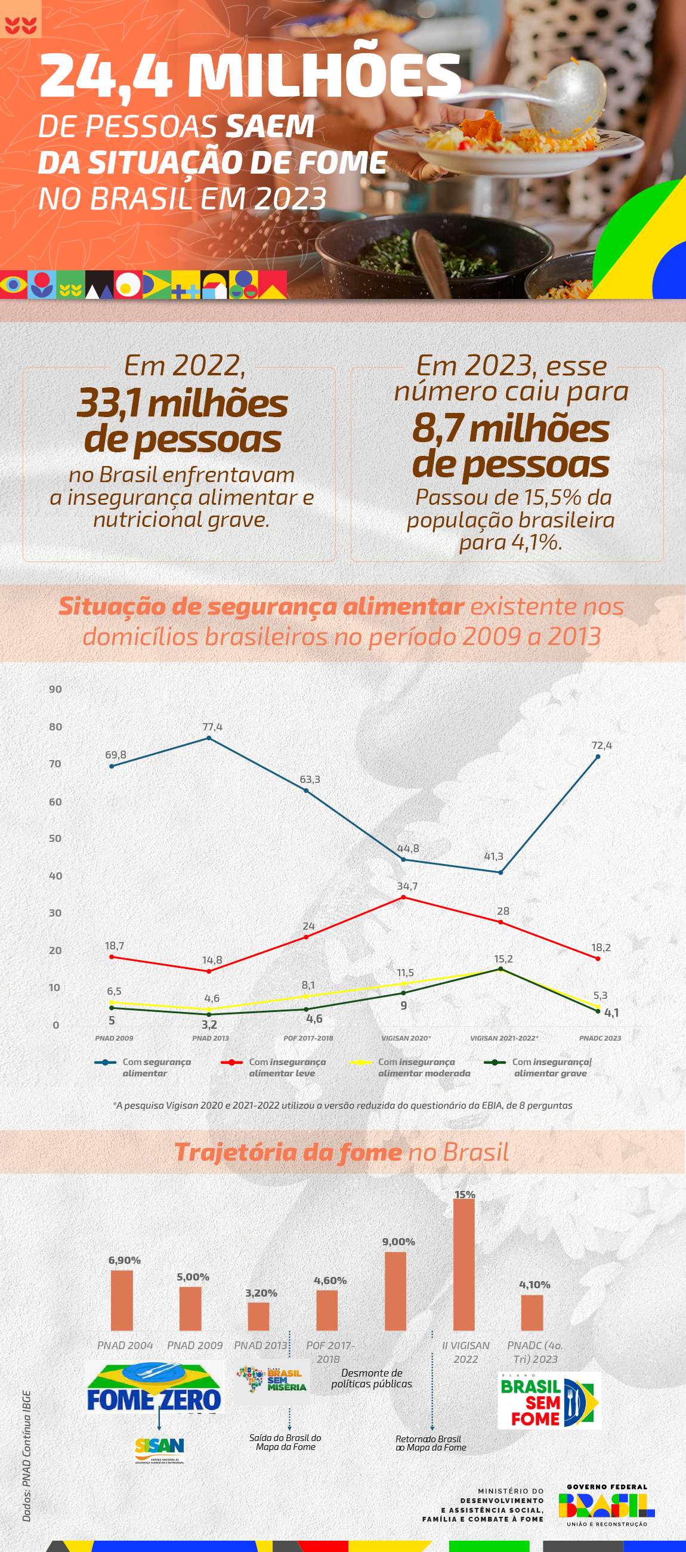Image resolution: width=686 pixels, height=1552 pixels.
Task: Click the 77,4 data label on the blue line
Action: coord(212,727)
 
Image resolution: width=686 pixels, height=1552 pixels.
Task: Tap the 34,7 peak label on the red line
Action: coord(407,885)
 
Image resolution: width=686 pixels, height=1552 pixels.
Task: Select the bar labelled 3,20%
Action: coord(258,1316)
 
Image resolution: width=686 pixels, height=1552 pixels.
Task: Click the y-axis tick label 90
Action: coord(55,689)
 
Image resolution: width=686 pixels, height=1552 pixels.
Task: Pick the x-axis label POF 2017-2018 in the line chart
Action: coord(308,1038)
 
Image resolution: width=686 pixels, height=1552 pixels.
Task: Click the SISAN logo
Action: coord(160,1449)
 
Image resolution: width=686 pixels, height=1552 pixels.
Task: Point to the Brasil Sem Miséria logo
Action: coord(271,1380)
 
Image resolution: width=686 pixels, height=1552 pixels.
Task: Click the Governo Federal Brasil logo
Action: coord(607,1505)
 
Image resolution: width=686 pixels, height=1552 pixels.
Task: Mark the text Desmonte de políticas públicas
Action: coord(372,1378)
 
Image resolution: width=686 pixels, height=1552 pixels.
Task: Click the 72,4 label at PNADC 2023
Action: coord(601,745)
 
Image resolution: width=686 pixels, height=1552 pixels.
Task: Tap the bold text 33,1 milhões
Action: coord(182,403)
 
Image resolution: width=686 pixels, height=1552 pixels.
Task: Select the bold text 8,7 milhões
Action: coord(511,428)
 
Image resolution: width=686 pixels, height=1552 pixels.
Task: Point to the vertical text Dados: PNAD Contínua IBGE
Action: coord(26,1455)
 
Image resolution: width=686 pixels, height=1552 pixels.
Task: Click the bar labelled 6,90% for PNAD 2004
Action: coord(122,1300)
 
